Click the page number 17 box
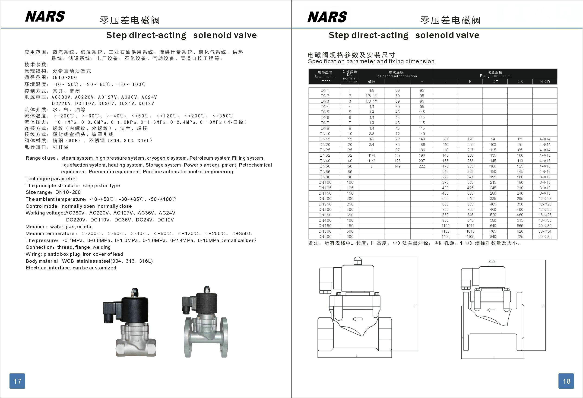(17, 381)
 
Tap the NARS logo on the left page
(45, 16)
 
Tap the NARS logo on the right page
(327, 17)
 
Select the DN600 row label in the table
(325, 237)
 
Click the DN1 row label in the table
(325, 90)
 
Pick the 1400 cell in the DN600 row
(446, 237)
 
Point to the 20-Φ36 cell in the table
(545, 237)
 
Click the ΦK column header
(520, 82)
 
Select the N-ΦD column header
(545, 82)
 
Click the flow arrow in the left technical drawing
(358, 319)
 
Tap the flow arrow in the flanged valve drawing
(491, 310)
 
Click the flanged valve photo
(205, 322)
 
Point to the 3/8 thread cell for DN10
(371, 134)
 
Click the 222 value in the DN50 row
(422, 166)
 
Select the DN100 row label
(325, 182)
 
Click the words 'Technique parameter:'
(51, 179)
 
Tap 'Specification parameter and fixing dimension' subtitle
(371, 61)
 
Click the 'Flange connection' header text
(495, 76)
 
